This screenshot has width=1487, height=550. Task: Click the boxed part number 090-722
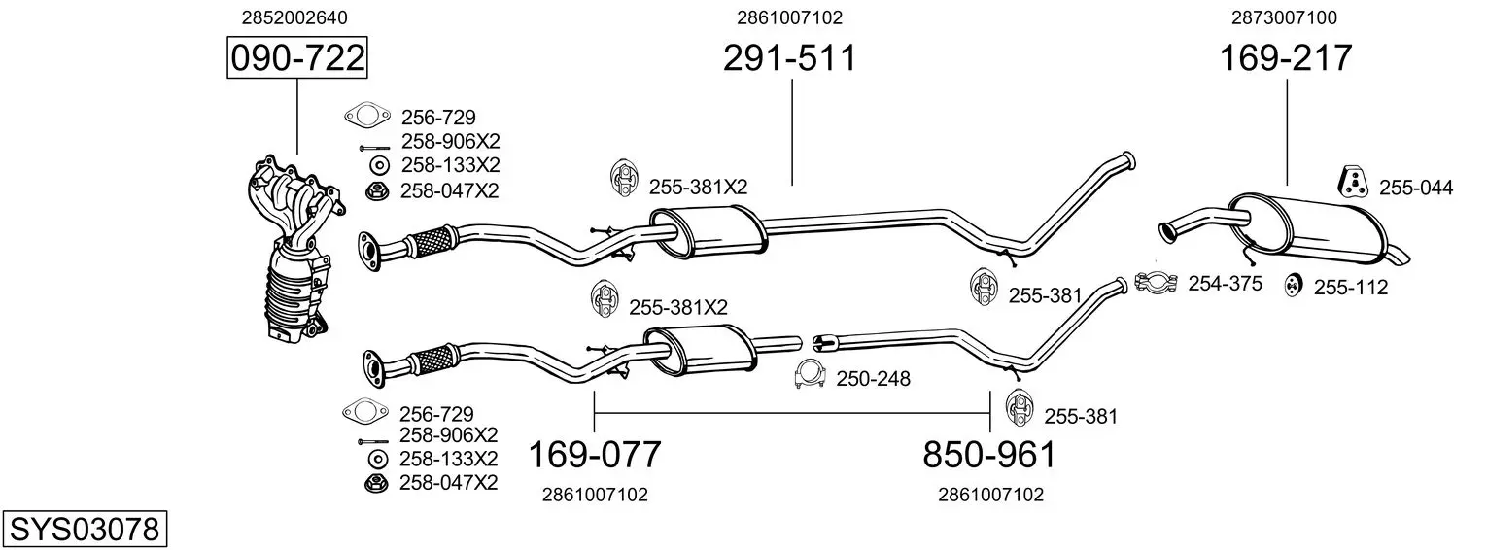pos(297,57)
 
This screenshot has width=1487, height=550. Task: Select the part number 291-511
pos(790,57)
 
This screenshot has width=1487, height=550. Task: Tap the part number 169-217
pos(1286,57)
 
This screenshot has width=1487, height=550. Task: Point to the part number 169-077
pos(595,455)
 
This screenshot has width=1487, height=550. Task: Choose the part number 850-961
pos(989,455)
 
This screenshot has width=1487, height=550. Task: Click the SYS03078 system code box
pos(85,529)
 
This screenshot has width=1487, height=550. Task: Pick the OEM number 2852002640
pos(294,17)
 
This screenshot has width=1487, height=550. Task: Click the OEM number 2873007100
pos(1285,17)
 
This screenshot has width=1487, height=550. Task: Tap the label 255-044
pos(1416,188)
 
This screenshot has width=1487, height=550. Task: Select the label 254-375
pos(1225,284)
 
